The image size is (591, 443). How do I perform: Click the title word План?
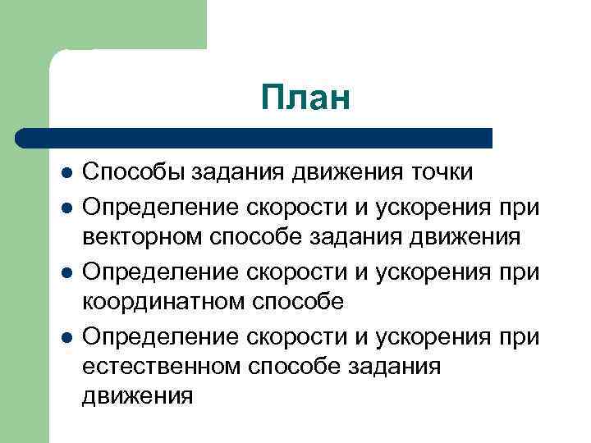point(305,98)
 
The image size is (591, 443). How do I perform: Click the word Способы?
point(135,173)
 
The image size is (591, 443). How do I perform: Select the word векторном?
point(144,237)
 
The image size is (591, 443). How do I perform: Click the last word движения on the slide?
point(137,398)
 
